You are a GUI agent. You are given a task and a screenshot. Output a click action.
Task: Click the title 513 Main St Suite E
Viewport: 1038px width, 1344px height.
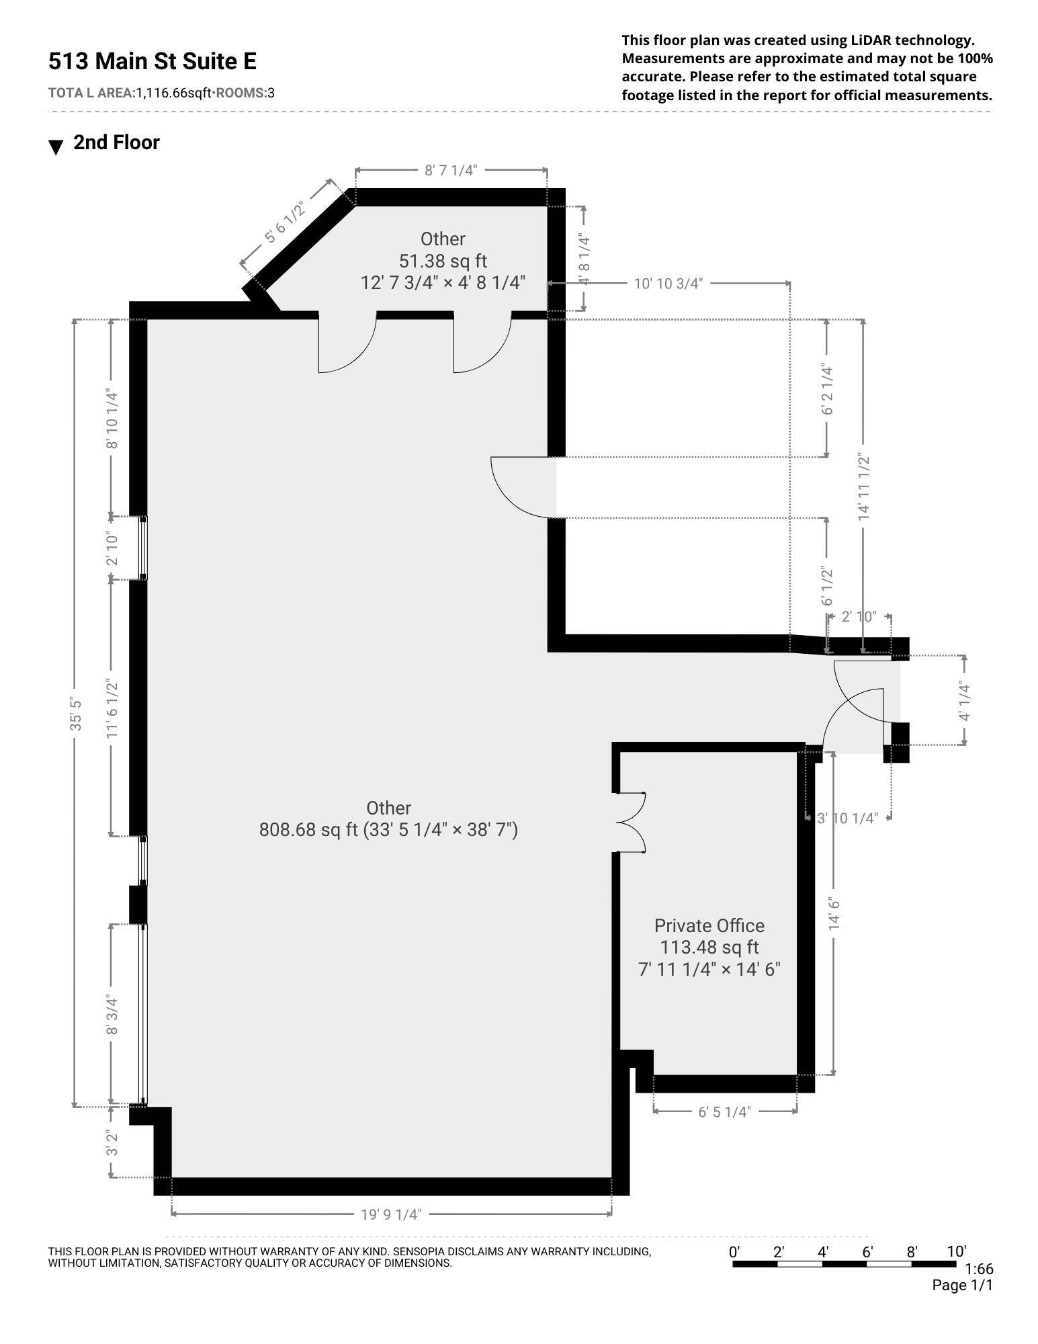coord(153,61)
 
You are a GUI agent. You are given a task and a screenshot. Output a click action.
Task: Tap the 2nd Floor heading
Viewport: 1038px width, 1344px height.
coord(116,142)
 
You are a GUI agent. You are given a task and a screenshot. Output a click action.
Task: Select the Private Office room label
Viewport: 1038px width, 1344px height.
coord(709,925)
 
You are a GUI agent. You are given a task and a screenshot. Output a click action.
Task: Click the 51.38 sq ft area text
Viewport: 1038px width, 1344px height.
coord(443,261)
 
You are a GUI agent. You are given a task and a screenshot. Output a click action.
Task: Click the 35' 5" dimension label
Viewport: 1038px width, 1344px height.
coord(76,714)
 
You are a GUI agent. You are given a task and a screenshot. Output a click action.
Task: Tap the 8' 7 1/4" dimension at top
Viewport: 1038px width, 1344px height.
coord(450,170)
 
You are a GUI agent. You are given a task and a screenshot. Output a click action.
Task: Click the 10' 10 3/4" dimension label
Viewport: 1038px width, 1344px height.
coord(668,284)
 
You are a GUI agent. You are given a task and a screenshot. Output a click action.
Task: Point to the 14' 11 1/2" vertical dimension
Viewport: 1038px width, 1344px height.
coord(863,487)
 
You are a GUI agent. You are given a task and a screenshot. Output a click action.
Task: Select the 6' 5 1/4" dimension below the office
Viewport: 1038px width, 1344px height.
coord(724,1112)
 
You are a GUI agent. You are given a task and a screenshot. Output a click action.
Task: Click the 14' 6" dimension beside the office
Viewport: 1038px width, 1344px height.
coord(834,913)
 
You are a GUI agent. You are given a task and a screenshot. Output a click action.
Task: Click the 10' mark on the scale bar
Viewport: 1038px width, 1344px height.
coord(956,1251)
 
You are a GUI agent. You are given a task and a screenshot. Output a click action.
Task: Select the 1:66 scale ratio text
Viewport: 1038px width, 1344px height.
coord(978,1269)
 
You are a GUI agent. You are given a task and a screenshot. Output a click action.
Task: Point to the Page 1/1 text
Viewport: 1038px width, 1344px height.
coord(961,1285)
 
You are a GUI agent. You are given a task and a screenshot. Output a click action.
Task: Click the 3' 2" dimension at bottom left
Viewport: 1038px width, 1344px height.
coord(112,1143)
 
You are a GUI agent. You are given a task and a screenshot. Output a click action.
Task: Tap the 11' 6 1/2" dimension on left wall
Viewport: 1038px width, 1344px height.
coord(112,709)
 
